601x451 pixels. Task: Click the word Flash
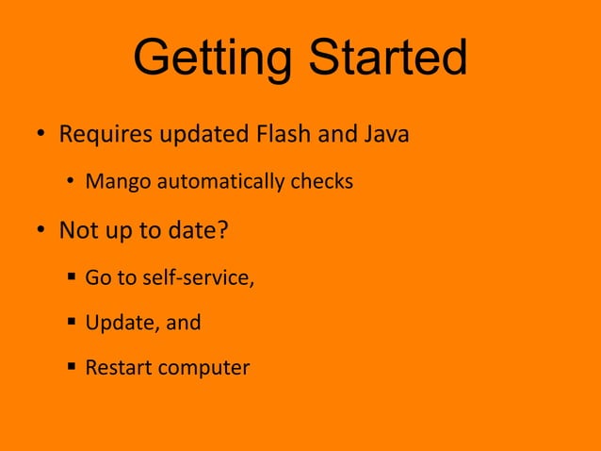point(284,133)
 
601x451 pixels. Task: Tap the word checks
point(321,181)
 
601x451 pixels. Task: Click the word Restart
point(118,367)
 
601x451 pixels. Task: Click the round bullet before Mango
point(71,182)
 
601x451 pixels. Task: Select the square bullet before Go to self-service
point(72,278)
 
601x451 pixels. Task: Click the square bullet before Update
point(72,323)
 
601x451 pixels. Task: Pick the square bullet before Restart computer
point(72,368)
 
